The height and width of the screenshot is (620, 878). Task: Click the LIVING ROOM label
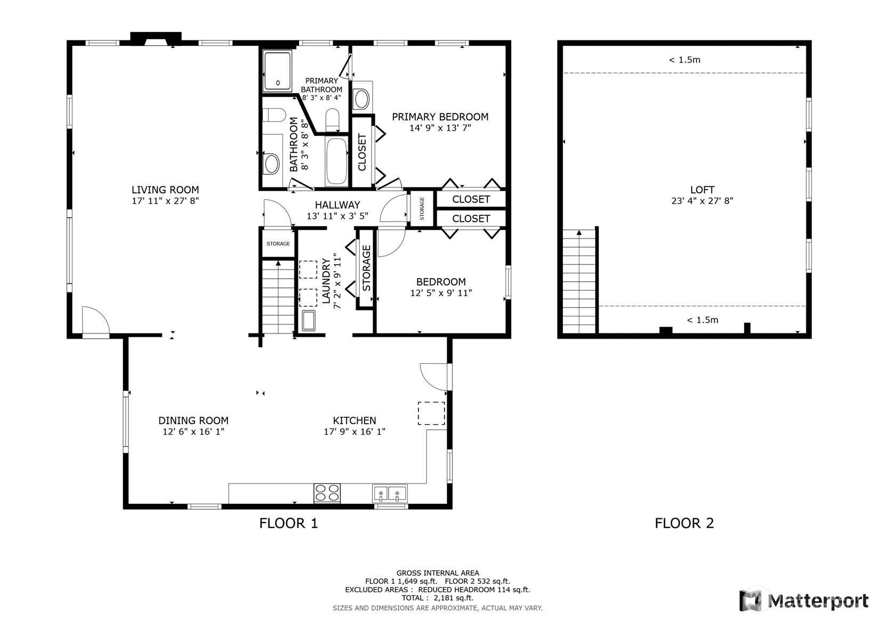tap(165, 190)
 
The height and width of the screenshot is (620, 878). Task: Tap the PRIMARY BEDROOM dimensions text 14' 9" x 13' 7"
tap(440, 128)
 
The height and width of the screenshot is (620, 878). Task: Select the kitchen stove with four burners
tap(327, 493)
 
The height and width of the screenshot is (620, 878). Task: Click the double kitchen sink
tap(390, 493)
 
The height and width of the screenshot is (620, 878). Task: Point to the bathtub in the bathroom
tap(336, 161)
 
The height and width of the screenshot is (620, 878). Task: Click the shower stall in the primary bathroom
tap(278, 71)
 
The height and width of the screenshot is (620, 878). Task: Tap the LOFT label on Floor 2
tap(702, 190)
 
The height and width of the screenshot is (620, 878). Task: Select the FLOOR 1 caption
tap(288, 523)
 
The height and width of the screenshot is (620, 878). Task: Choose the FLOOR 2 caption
tap(684, 523)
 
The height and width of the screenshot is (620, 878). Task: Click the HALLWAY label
tap(337, 205)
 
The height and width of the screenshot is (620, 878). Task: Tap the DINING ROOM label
tap(193, 421)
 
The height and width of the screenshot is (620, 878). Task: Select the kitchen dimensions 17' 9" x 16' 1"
tap(355, 431)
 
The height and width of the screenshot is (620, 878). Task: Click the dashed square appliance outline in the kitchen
tap(431, 413)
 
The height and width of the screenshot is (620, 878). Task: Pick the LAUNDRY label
tap(326, 280)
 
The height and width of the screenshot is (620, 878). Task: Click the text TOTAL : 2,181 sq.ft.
tap(438, 598)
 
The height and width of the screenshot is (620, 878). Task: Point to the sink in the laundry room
tap(309, 321)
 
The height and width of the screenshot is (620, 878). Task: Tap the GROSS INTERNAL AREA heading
tap(438, 573)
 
